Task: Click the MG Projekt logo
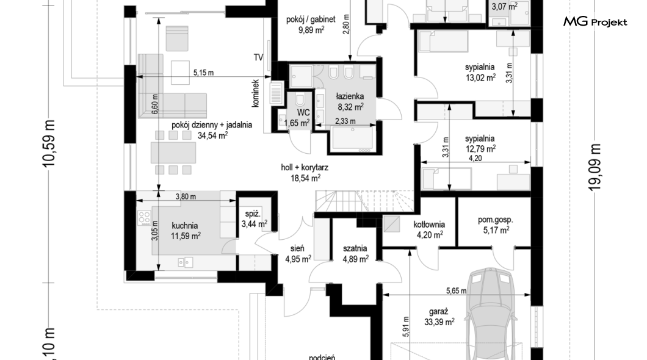[595, 21]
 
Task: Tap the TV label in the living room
[258, 57]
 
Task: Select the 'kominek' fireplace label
[255, 93]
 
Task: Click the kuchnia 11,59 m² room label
[186, 231]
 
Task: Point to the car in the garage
[490, 314]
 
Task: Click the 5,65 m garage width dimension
[456, 290]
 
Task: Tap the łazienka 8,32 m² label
[350, 102]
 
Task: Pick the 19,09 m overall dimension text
[595, 167]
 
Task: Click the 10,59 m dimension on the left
[49, 143]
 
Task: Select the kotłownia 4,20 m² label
[429, 229]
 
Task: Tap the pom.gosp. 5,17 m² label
[495, 225]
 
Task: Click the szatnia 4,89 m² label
[355, 254]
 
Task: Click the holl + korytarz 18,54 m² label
[305, 173]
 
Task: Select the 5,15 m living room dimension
[204, 73]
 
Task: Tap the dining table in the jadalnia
[173, 153]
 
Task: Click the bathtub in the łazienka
[353, 138]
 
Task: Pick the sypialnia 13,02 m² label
[480, 72]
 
